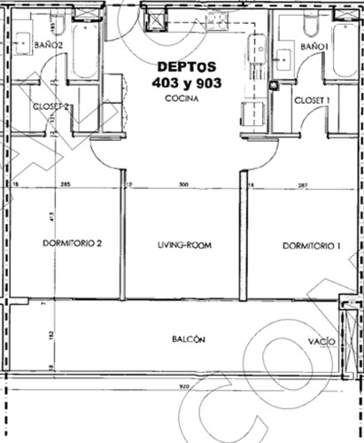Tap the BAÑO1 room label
click(315, 45)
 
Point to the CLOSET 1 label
click(313, 100)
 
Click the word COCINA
click(180, 100)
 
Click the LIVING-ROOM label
click(182, 245)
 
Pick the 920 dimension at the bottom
click(183, 386)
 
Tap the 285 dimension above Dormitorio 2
click(65, 185)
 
